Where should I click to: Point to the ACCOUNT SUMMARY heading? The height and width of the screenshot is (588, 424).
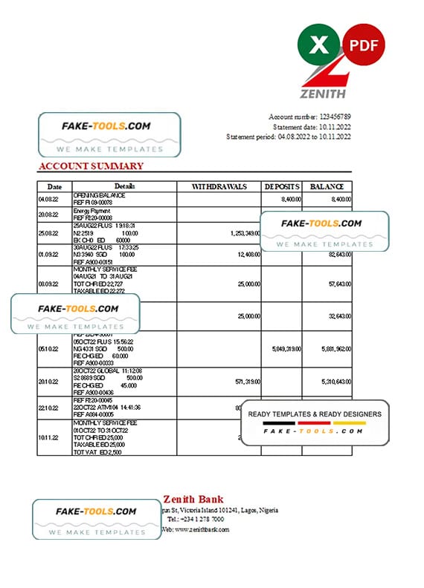pos(91,166)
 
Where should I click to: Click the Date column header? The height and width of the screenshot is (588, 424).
pos(54,187)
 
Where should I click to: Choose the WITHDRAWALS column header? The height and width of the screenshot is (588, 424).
pos(219,186)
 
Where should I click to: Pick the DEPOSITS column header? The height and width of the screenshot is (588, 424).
pos(282,186)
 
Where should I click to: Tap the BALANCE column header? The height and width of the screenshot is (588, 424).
pos(327,186)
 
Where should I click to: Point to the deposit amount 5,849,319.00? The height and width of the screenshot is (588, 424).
pos(282,349)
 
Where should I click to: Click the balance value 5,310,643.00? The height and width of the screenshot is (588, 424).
pos(327,382)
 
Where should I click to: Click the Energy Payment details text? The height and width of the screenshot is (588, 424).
pos(89,212)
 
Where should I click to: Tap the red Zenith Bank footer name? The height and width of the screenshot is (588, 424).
pos(193,500)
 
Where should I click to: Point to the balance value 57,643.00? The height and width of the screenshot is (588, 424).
pos(333,284)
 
